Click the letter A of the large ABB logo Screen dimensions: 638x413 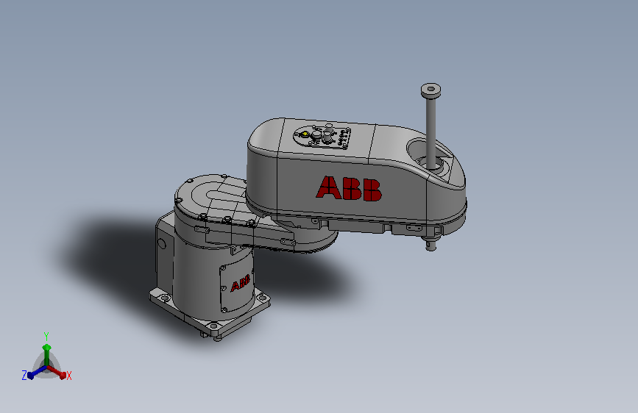point(329,187)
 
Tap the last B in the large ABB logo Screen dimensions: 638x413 point(372,190)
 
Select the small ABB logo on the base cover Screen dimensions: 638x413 point(240,283)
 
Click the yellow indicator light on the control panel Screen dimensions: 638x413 point(305,133)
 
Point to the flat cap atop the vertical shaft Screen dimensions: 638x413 point(431,90)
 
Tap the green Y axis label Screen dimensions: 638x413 point(46,336)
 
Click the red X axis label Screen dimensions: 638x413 point(68,376)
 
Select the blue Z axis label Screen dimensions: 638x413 point(24,375)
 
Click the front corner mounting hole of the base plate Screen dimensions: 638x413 point(213,326)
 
